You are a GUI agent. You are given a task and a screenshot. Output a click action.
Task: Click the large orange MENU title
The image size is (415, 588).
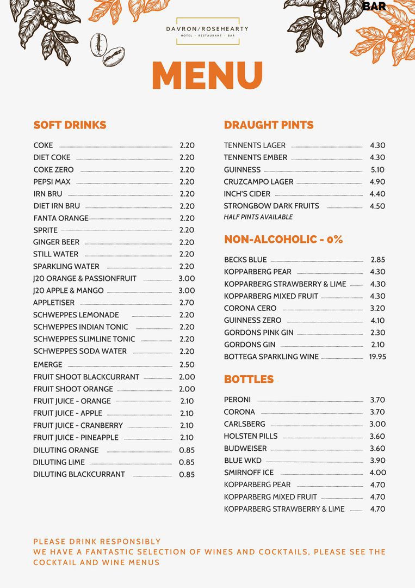[x=207, y=75]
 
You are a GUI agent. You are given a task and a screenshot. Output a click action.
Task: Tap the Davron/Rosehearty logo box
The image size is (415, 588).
[x=207, y=31]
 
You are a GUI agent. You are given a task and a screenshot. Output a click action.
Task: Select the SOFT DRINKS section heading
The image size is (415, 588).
[x=70, y=125]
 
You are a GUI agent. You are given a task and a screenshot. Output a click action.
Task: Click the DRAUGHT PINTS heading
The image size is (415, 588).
[x=269, y=125]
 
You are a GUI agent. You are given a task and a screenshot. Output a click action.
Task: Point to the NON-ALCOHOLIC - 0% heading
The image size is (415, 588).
[x=283, y=240]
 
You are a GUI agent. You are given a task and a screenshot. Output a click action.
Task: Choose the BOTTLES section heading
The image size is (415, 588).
[x=249, y=379]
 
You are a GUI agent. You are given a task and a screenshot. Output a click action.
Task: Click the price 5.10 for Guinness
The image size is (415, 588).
[x=377, y=170]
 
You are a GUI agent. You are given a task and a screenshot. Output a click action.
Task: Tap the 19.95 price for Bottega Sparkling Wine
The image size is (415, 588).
[x=377, y=357]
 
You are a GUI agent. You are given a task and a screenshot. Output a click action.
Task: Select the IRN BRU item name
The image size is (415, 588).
[x=48, y=194]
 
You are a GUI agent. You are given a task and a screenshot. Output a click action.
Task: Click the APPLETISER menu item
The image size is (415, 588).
[x=54, y=303]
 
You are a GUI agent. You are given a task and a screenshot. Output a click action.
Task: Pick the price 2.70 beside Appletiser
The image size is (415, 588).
[x=187, y=303]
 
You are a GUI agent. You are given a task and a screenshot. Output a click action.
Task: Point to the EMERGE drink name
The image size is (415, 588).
[x=48, y=365]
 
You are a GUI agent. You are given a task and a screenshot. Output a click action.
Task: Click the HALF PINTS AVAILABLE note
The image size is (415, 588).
[x=258, y=217]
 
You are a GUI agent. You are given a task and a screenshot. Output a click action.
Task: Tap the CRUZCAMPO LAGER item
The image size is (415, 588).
[x=258, y=182]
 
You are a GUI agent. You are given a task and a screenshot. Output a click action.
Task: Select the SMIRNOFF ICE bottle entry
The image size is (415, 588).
[x=249, y=473]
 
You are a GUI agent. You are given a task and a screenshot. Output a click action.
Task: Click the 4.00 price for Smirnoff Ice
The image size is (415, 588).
[x=377, y=473]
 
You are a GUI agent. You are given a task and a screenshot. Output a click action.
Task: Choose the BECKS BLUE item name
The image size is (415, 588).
[x=245, y=260]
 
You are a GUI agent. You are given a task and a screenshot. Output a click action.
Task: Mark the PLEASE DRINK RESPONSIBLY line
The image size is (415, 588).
[x=97, y=542]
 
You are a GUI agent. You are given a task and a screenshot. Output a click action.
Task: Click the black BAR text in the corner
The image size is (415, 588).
[x=374, y=7]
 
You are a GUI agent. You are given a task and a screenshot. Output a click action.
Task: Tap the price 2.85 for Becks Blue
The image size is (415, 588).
[x=377, y=260]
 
